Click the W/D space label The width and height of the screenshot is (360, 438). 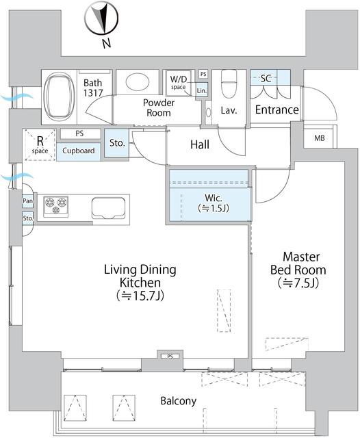click(179, 83)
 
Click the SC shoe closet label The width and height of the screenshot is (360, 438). click(266, 78)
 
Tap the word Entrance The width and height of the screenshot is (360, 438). click(277, 109)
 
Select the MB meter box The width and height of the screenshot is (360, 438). click(320, 139)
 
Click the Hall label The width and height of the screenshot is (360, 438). click(199, 144)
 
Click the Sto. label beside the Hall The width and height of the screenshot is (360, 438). click(117, 144)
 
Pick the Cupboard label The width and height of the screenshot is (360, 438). click(78, 151)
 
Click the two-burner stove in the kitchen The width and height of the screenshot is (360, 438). click(56, 203)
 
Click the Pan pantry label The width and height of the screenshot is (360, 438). click(27, 201)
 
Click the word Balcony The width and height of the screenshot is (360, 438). click(179, 401)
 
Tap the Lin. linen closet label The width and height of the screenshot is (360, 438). click(201, 90)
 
